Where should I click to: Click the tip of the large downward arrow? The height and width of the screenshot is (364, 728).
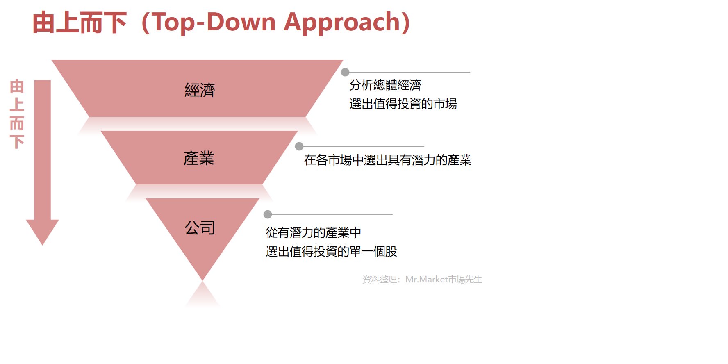tap(42, 245)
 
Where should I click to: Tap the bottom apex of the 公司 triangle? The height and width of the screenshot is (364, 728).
tap(202, 280)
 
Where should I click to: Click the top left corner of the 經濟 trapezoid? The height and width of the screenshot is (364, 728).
tap(52, 60)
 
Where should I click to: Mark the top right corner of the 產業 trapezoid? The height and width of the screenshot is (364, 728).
tap(298, 131)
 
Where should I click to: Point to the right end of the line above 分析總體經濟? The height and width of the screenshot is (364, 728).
tap(470, 72)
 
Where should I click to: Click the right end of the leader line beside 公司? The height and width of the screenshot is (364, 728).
tap(392, 214)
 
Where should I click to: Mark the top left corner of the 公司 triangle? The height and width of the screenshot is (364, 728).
tap(146, 199)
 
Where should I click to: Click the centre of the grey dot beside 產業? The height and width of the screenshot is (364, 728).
tap(299, 146)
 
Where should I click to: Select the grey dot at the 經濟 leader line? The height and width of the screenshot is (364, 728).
tap(345, 72)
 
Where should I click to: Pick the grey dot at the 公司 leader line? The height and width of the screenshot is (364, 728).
tap(268, 214)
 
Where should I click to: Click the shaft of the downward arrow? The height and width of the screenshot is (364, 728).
tap(42, 150)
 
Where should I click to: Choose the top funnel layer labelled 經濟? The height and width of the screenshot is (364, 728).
tap(197, 89)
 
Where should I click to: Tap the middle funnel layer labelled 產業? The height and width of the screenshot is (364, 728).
tap(199, 158)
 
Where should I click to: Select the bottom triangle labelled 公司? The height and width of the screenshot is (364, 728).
tap(202, 230)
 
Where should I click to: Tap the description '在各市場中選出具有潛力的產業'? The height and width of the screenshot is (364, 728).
tap(388, 160)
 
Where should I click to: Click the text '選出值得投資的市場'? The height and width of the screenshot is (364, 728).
tap(403, 104)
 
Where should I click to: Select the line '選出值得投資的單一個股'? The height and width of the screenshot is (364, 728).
tap(332, 251)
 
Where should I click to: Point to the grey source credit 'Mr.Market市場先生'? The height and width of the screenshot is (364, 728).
tap(444, 280)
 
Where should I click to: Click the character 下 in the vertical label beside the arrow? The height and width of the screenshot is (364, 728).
tap(17, 142)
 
